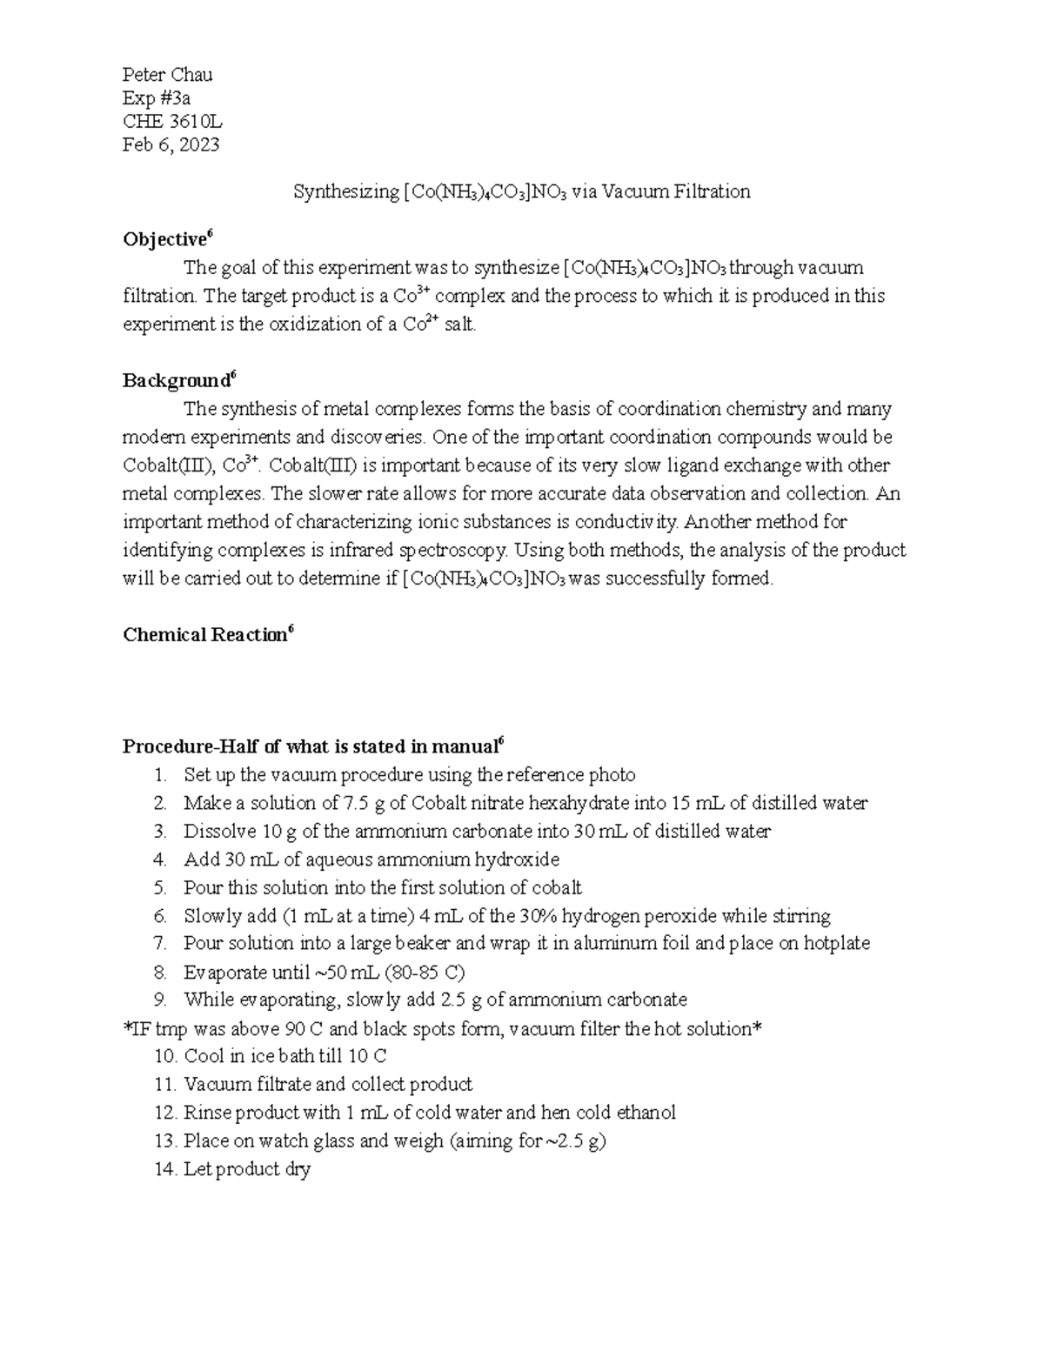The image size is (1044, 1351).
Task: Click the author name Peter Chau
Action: (x=167, y=75)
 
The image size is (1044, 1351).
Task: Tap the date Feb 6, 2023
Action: (x=171, y=145)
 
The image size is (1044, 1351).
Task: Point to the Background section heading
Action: (x=176, y=381)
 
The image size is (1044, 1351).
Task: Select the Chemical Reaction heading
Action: (x=204, y=635)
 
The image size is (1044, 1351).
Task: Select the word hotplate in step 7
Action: (x=836, y=944)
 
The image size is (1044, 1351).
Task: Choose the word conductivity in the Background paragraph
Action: (x=621, y=523)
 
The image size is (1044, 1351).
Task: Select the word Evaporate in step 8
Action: (x=221, y=972)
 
